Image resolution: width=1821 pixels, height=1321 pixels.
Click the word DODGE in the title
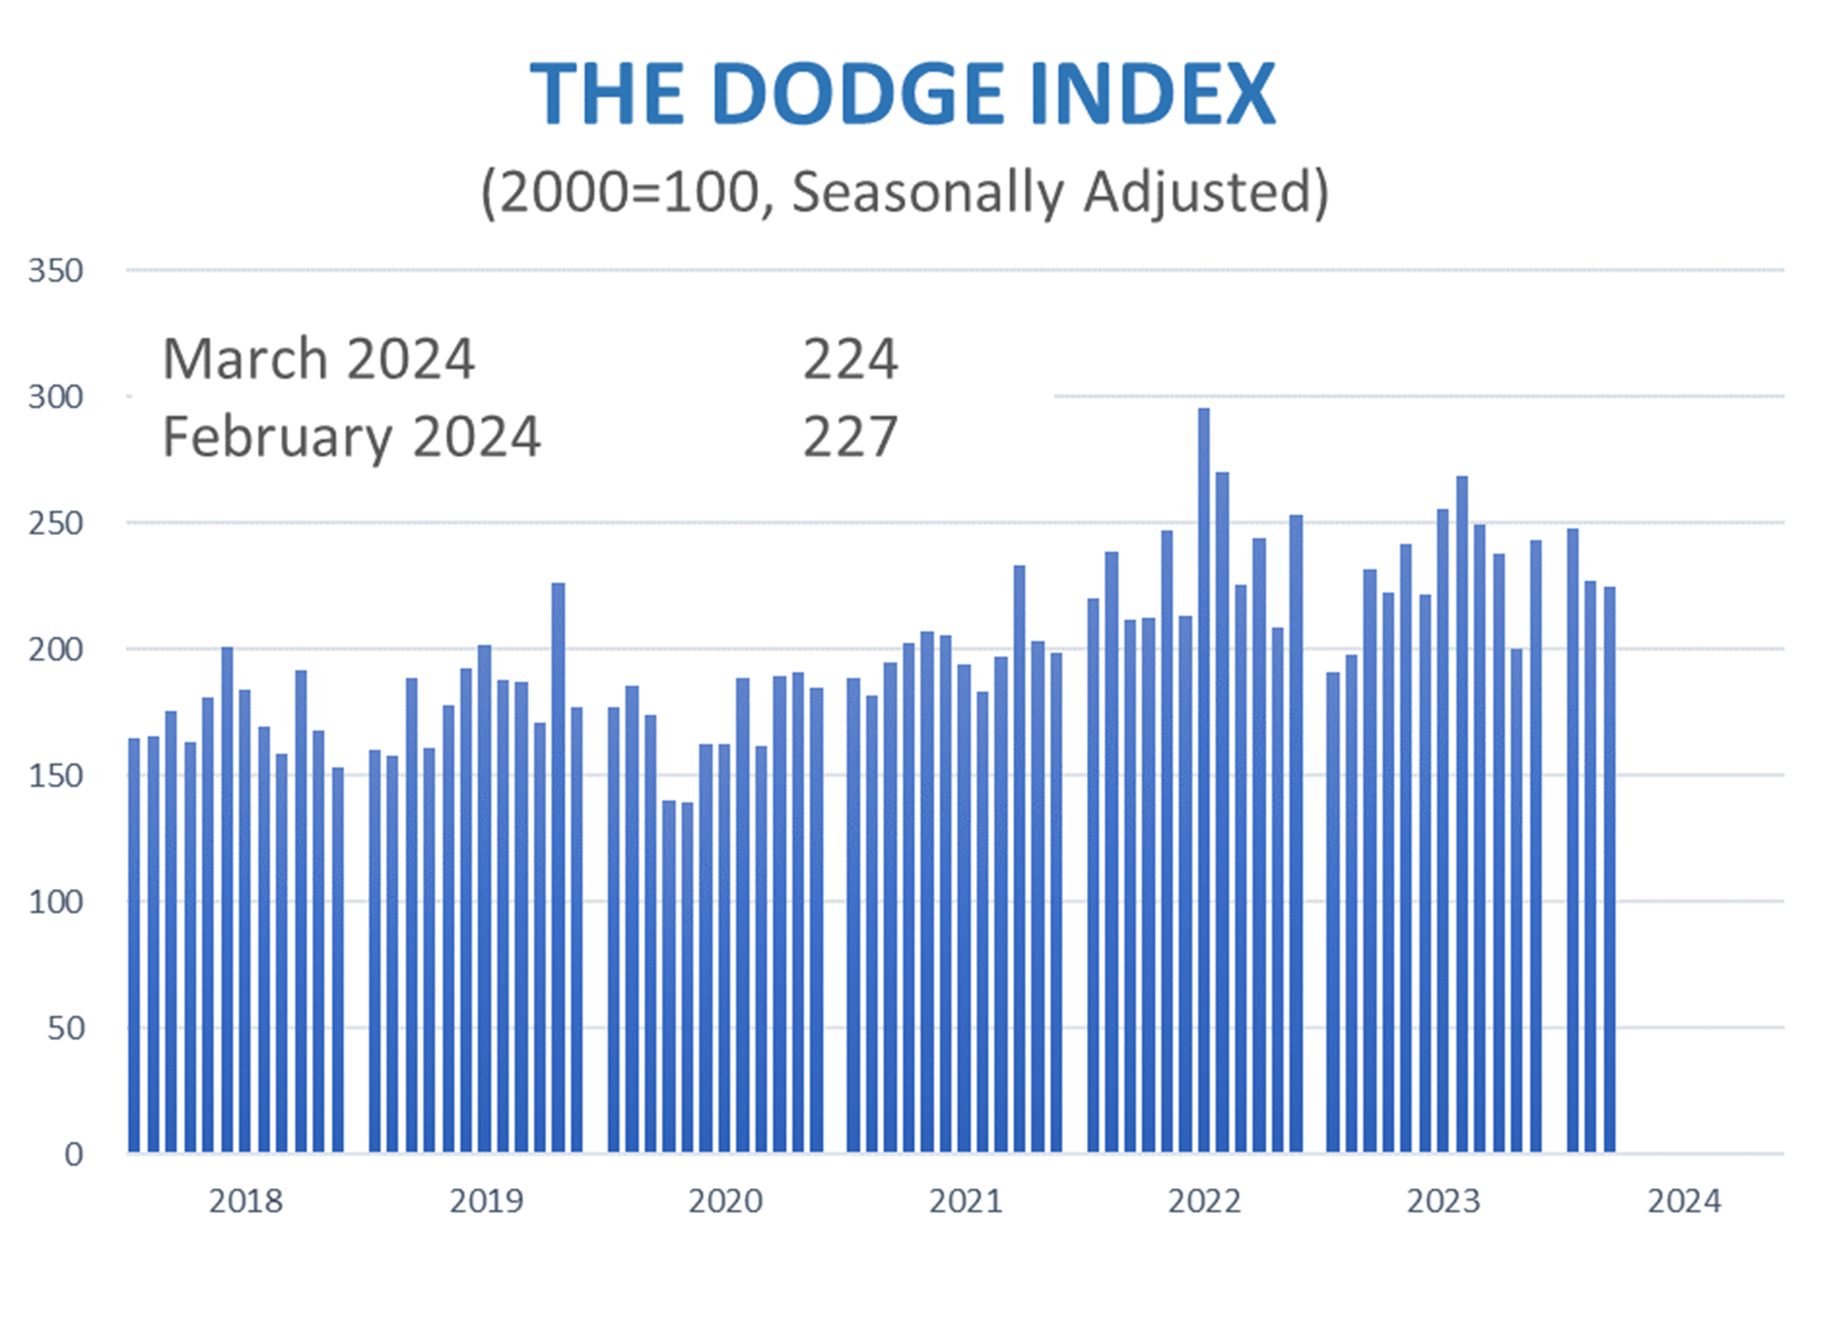tap(858, 94)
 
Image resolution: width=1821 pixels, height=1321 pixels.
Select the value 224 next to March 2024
tap(850, 358)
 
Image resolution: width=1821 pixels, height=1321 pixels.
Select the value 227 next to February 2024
tap(850, 436)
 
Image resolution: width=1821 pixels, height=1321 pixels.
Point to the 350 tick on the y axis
tap(55, 271)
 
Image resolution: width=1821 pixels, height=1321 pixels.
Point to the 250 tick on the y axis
tap(55, 523)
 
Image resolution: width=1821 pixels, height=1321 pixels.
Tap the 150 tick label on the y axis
tap(55, 775)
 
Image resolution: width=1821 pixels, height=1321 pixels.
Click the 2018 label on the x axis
tap(246, 1201)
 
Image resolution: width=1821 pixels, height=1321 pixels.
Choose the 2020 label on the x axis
tap(726, 1201)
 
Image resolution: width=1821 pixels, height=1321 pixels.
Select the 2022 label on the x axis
tap(1204, 1201)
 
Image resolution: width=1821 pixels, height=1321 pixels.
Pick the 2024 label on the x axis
tap(1684, 1201)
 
